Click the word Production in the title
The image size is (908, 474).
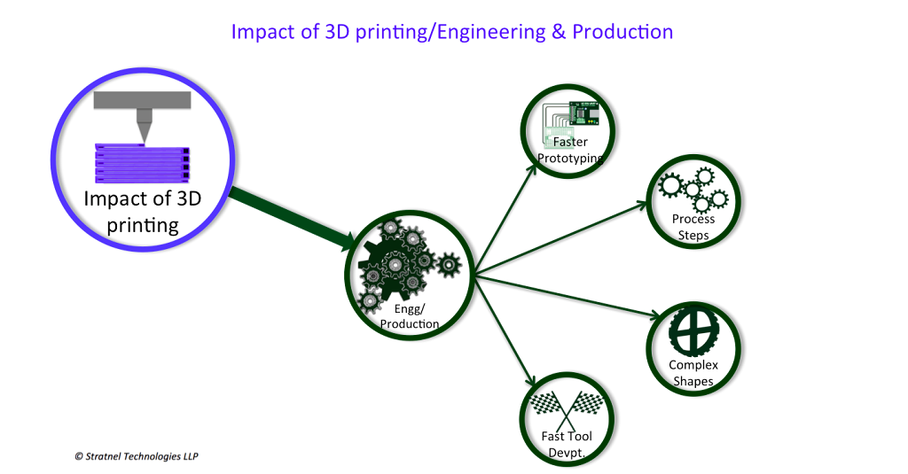622,33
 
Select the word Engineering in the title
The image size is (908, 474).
487,33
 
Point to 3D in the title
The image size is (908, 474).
316,33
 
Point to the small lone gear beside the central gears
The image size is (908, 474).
450,264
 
